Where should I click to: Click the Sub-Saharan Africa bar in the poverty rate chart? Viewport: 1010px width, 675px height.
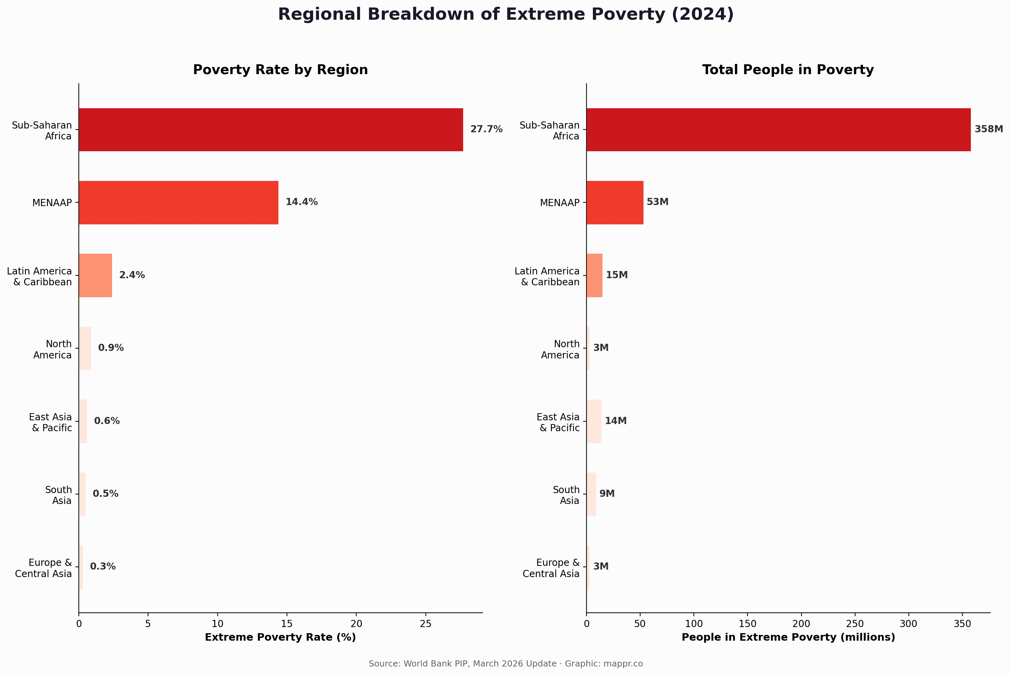(271, 130)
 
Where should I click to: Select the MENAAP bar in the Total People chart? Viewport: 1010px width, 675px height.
(615, 202)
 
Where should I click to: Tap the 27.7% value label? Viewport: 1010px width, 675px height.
(486, 129)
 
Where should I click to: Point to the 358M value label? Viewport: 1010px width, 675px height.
(989, 129)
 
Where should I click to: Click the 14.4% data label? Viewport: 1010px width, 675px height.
(302, 202)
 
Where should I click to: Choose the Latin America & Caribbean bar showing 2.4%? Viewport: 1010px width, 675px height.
(95, 275)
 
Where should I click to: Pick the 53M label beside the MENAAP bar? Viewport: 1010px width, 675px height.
(657, 202)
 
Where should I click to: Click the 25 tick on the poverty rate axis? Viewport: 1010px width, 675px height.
(426, 624)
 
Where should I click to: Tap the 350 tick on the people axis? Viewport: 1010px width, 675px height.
(962, 624)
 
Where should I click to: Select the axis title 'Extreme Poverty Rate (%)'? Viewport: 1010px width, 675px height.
(280, 637)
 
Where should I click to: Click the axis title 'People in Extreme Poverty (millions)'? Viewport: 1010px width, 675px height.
(788, 637)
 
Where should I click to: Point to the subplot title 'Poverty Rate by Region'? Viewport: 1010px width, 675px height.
(280, 70)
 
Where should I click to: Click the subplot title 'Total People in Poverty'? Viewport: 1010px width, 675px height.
(788, 70)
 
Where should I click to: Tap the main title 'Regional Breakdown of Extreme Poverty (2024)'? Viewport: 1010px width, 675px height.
(506, 14)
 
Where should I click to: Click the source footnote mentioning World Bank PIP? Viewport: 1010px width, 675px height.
(506, 663)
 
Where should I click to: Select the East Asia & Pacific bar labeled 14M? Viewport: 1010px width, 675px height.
(594, 421)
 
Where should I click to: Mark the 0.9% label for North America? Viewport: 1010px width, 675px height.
(111, 348)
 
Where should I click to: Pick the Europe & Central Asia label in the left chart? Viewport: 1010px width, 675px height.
(43, 568)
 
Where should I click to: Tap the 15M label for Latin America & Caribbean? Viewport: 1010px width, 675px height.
(617, 275)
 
